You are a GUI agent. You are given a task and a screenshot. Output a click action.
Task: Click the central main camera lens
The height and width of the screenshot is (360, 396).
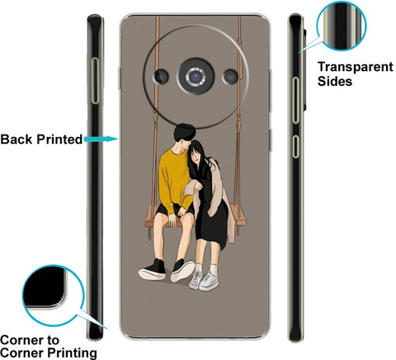pos(196,77)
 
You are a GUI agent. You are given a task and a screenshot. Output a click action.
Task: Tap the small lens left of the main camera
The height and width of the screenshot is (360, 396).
pos(161,77)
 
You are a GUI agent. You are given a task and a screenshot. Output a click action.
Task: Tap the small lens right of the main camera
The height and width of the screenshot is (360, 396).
pos(230,77)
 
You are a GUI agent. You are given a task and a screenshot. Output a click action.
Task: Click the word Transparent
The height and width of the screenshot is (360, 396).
pos(356,67)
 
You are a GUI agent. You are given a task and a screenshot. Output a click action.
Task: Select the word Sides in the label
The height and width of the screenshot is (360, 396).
pos(335,81)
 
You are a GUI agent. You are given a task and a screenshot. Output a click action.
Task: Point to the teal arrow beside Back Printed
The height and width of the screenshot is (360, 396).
pos(101,139)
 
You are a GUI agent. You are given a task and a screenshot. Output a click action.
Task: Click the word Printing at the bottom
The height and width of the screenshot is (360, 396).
pos(73,353)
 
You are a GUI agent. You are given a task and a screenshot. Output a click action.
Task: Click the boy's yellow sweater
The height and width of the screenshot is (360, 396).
pos(172,180)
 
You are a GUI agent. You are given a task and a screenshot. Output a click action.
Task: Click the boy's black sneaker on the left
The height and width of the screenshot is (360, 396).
pos(153,270)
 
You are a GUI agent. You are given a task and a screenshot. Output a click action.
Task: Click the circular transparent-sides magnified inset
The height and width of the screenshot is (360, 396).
pos(342,26)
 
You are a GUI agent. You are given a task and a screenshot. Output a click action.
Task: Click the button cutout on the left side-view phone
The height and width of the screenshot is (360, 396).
pos(95,81)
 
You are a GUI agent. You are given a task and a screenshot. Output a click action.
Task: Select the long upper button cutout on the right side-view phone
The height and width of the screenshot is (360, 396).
pos(295,101)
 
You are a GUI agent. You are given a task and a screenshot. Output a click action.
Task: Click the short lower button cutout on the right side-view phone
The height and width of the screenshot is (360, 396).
pos(295,146)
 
